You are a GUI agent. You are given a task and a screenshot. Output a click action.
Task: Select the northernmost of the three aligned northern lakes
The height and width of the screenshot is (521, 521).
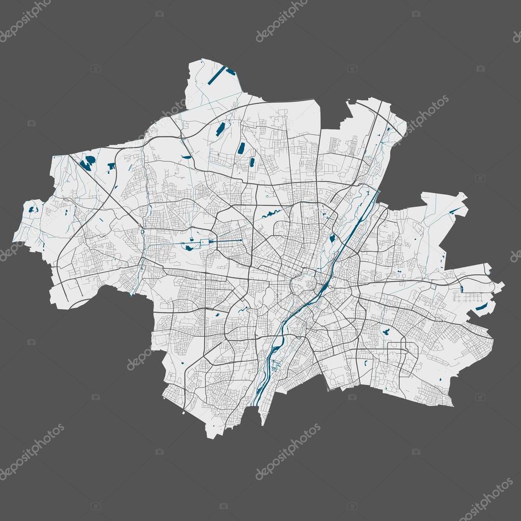click(220, 129)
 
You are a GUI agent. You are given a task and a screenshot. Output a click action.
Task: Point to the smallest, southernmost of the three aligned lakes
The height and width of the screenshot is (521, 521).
click(251, 163)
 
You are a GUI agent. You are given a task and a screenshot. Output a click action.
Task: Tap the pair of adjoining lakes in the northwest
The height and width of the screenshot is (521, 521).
click(88, 163)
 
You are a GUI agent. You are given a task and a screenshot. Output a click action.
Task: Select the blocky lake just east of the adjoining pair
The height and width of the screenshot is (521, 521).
click(111, 165)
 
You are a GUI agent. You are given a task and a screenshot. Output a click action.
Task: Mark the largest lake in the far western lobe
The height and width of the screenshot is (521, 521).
click(34, 209)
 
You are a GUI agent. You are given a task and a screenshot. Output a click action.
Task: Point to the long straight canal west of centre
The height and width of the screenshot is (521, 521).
click(229, 240)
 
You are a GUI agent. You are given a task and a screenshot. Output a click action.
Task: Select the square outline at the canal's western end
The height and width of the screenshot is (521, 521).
click(206, 242)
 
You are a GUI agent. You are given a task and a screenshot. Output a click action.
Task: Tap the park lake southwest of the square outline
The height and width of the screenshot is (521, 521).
click(189, 248)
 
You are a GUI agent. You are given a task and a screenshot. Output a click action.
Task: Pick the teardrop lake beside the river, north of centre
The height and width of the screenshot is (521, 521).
click(333, 238)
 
